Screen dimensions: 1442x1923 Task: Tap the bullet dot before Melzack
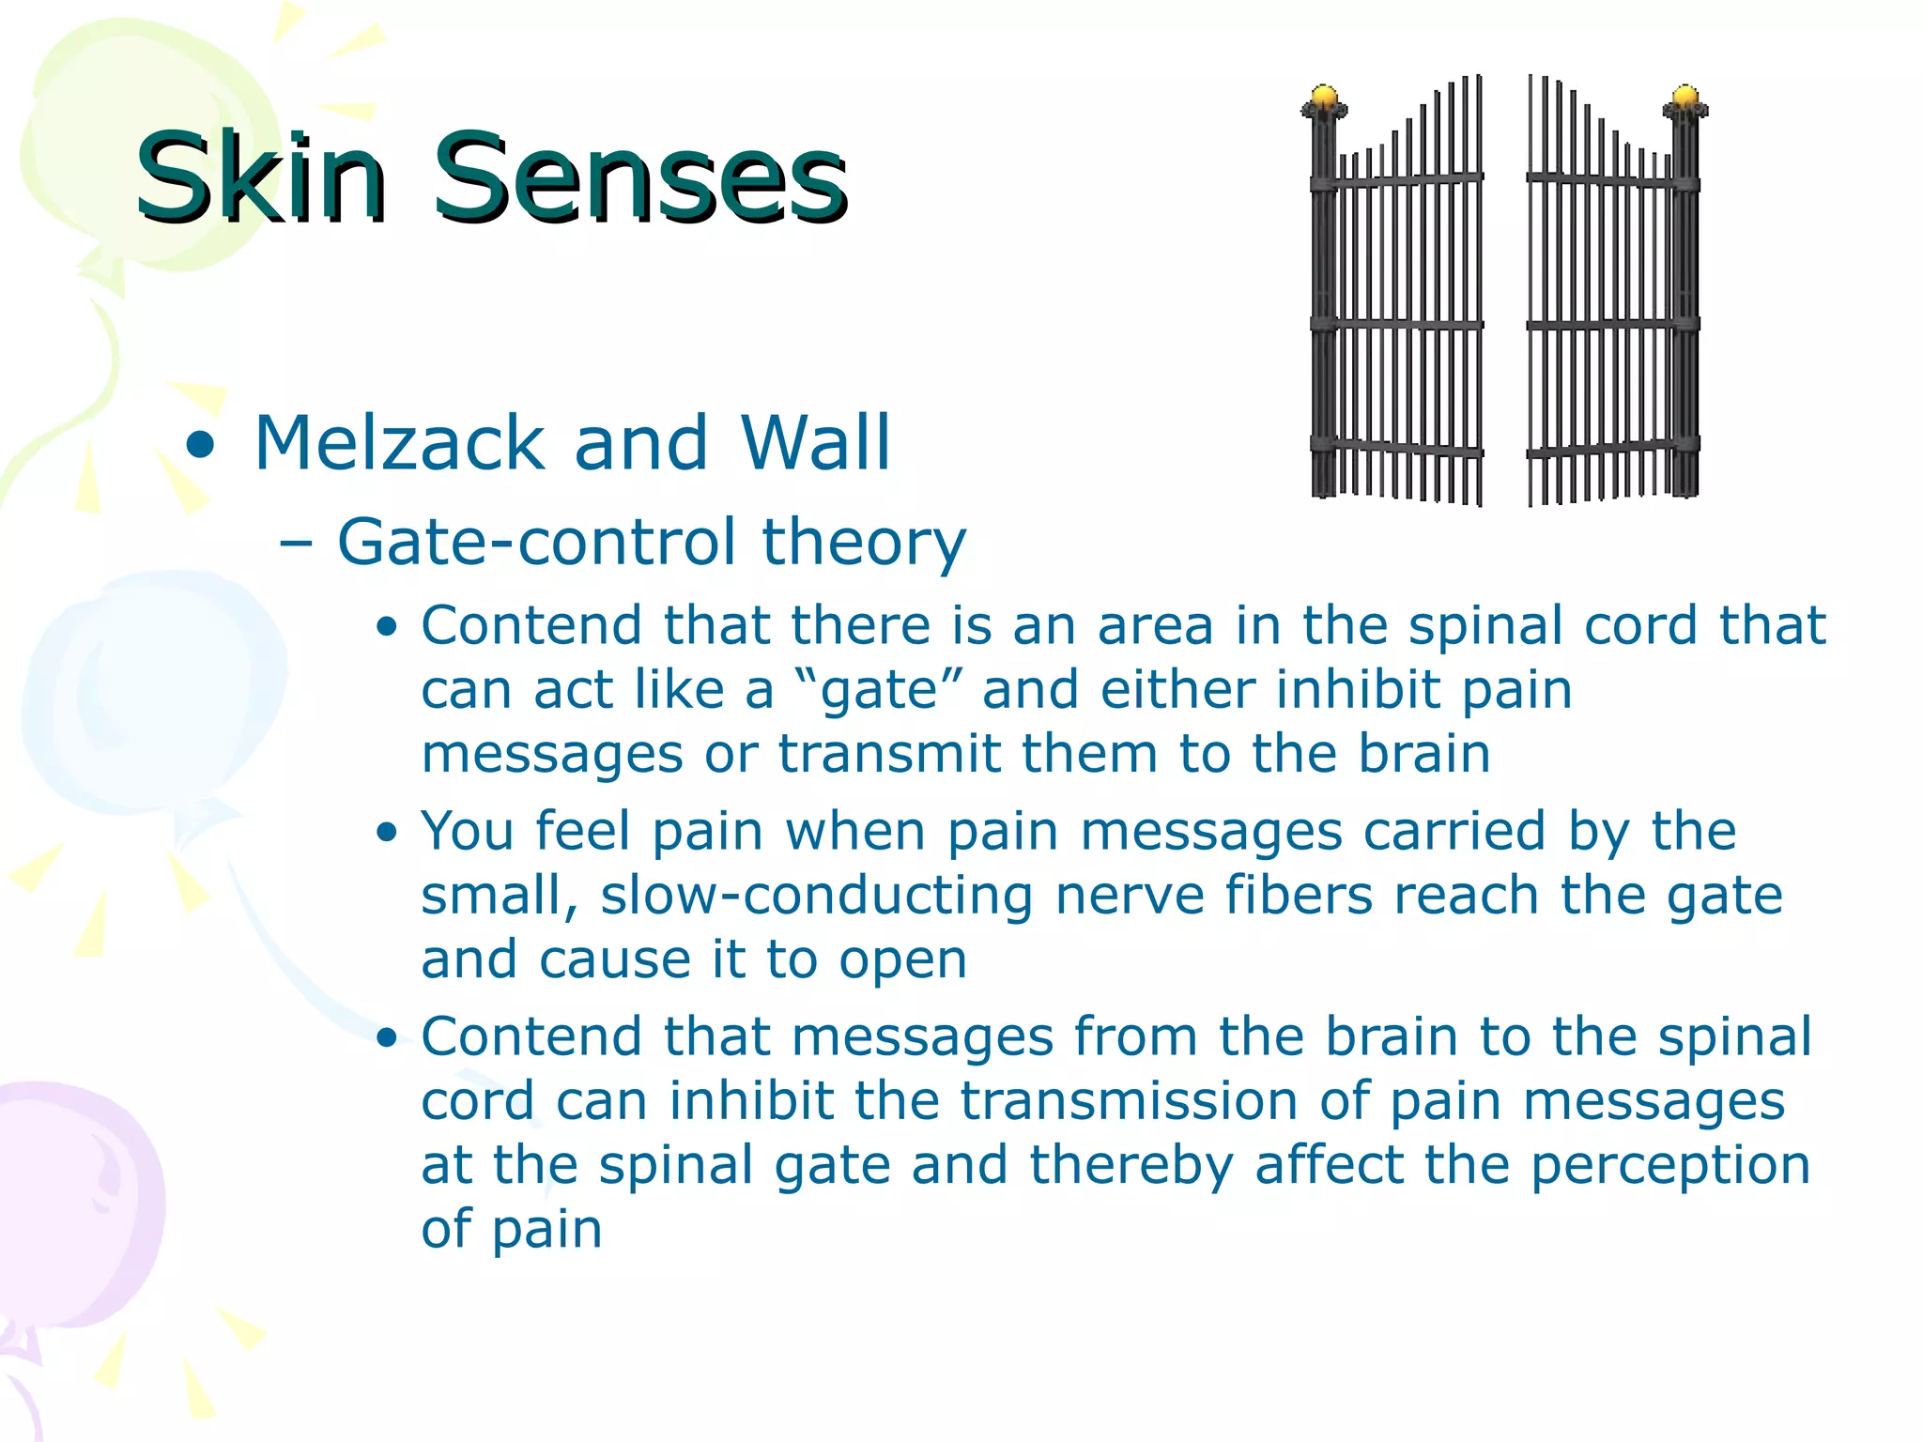[200, 445]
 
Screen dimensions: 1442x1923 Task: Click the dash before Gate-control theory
[297, 544]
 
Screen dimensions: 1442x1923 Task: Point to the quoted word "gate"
[877, 691]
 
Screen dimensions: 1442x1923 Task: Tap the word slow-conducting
[816, 896]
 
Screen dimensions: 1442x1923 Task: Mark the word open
[902, 961]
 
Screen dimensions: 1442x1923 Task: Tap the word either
[1177, 690]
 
